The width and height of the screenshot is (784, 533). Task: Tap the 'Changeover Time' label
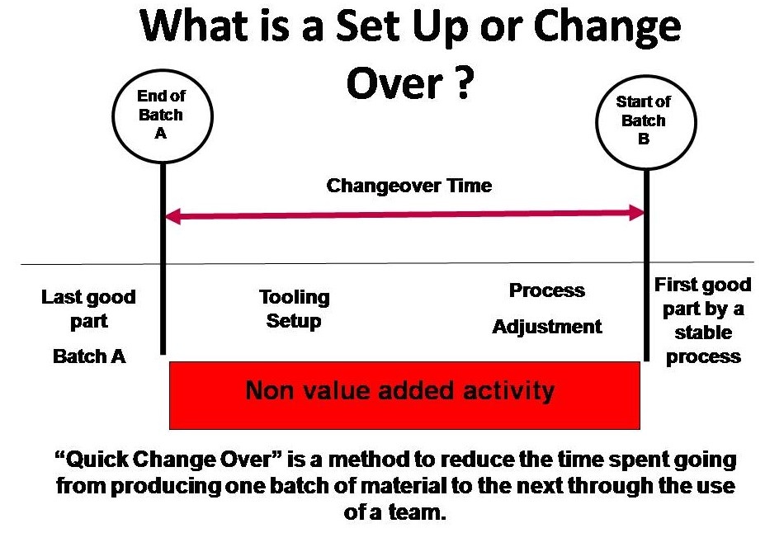coord(409,186)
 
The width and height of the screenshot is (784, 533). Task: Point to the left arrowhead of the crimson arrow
coord(172,216)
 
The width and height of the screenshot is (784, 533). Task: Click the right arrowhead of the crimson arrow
coord(637,213)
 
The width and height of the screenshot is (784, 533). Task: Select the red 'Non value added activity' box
coord(404,395)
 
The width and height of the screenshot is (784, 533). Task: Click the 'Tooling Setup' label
coord(294,309)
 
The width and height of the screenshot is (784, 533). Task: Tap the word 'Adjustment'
coord(547,327)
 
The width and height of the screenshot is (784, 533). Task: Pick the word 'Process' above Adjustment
coord(547,290)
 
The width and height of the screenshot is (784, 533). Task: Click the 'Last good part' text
coord(88,309)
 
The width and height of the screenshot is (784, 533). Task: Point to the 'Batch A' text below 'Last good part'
coord(89,356)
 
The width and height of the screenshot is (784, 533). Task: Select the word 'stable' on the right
coord(703,333)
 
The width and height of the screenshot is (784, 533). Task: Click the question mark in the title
coord(464,83)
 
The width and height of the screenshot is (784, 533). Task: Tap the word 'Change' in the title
coord(607,28)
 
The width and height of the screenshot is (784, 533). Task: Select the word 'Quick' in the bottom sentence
coord(92,460)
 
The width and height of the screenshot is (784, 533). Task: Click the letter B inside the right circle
coord(644,139)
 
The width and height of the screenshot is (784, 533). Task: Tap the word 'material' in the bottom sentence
coord(403,486)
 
